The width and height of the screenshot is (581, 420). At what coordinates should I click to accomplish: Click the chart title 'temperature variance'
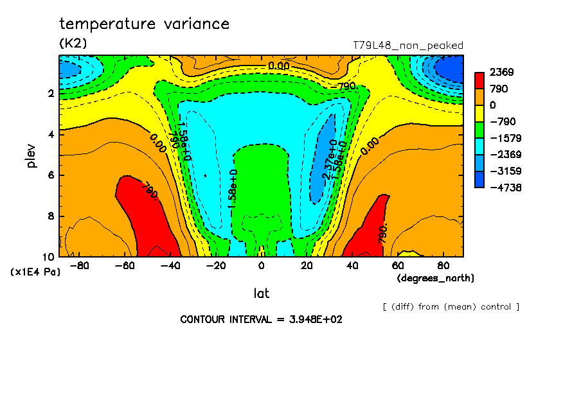[x=144, y=24]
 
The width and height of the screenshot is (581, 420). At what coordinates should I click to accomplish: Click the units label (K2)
[x=73, y=44]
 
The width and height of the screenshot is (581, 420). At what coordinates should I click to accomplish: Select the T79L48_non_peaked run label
[x=408, y=46]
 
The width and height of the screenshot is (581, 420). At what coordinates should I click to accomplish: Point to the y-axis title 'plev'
[x=31, y=155]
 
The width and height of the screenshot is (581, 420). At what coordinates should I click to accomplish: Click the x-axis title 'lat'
[x=261, y=293]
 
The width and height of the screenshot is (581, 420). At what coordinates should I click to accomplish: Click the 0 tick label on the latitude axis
[x=261, y=266]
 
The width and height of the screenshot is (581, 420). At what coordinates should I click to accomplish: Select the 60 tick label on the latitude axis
[x=398, y=266]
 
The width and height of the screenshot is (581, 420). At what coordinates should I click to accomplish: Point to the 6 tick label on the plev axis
[x=50, y=175]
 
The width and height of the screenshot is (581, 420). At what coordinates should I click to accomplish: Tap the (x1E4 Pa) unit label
[x=35, y=272]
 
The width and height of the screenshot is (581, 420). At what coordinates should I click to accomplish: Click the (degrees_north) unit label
[x=436, y=278]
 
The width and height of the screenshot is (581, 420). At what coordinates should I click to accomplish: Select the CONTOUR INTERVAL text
[x=261, y=319]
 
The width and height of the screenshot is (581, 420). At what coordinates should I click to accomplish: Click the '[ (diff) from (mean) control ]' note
[x=451, y=306]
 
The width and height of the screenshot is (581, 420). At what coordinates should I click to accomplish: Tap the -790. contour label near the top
[x=345, y=85]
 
